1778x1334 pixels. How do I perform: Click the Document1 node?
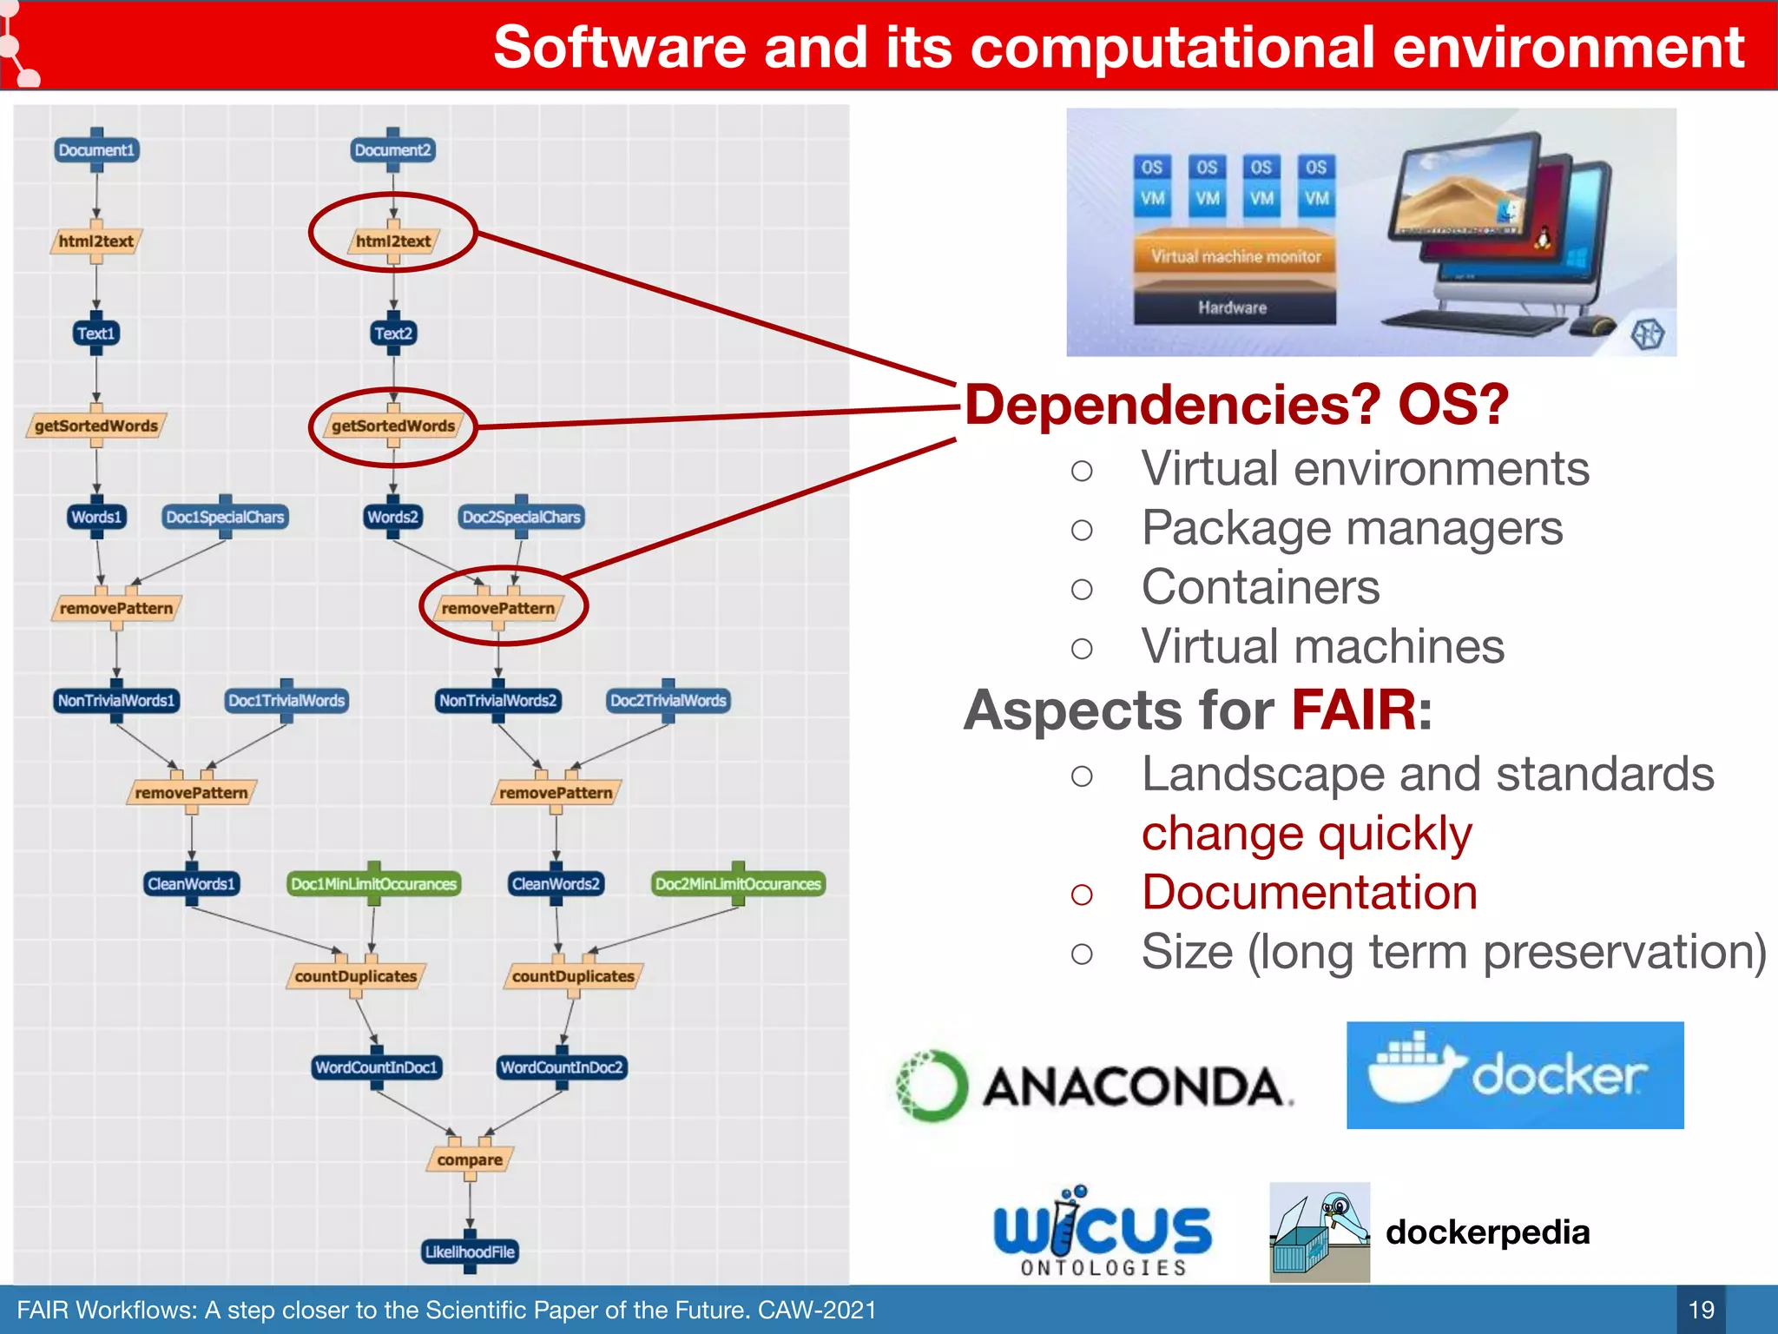pos(96,150)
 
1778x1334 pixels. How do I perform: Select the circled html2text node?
pos(393,241)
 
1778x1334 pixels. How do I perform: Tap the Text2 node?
pos(393,333)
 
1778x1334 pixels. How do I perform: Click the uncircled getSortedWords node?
pos(96,426)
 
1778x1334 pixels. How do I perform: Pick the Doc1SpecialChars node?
pos(225,518)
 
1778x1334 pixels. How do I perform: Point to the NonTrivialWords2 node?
pos(497,701)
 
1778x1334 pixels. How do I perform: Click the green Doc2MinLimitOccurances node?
pos(738,884)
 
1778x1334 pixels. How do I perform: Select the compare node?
pos(470,1160)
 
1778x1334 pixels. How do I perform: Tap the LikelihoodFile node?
pos(470,1252)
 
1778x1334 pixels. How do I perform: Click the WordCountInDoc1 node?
pos(376,1067)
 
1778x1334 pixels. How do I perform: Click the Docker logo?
pos(1515,1075)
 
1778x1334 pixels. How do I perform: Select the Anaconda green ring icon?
pos(932,1085)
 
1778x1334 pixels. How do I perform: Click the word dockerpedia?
pos(1487,1232)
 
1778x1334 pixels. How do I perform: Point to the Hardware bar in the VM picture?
pos(1233,307)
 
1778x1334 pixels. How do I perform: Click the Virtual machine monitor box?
pos(1235,257)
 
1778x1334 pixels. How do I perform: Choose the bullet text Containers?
pos(1260,587)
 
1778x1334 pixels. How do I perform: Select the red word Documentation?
pos(1309,893)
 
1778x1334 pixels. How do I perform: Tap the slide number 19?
pos(1701,1310)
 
